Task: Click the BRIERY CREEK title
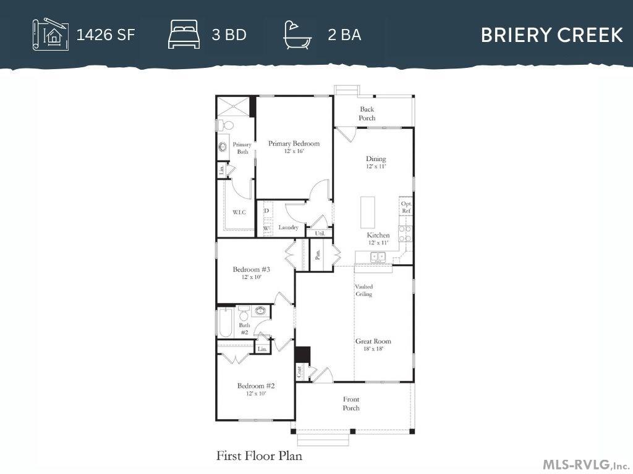551,35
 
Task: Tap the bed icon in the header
184,36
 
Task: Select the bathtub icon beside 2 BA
297,36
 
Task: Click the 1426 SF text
105,35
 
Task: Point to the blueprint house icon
51,35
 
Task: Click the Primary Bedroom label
294,143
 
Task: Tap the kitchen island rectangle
367,212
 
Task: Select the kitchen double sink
378,256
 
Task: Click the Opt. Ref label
406,207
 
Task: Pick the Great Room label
373,341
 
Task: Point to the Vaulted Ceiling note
363,290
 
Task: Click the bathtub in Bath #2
225,323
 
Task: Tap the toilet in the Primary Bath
226,125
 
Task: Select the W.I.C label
239,212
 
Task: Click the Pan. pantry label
318,254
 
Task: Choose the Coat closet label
299,371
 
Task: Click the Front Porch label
351,404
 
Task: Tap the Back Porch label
367,114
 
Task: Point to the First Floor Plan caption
259,456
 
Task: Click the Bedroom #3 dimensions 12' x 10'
252,277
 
